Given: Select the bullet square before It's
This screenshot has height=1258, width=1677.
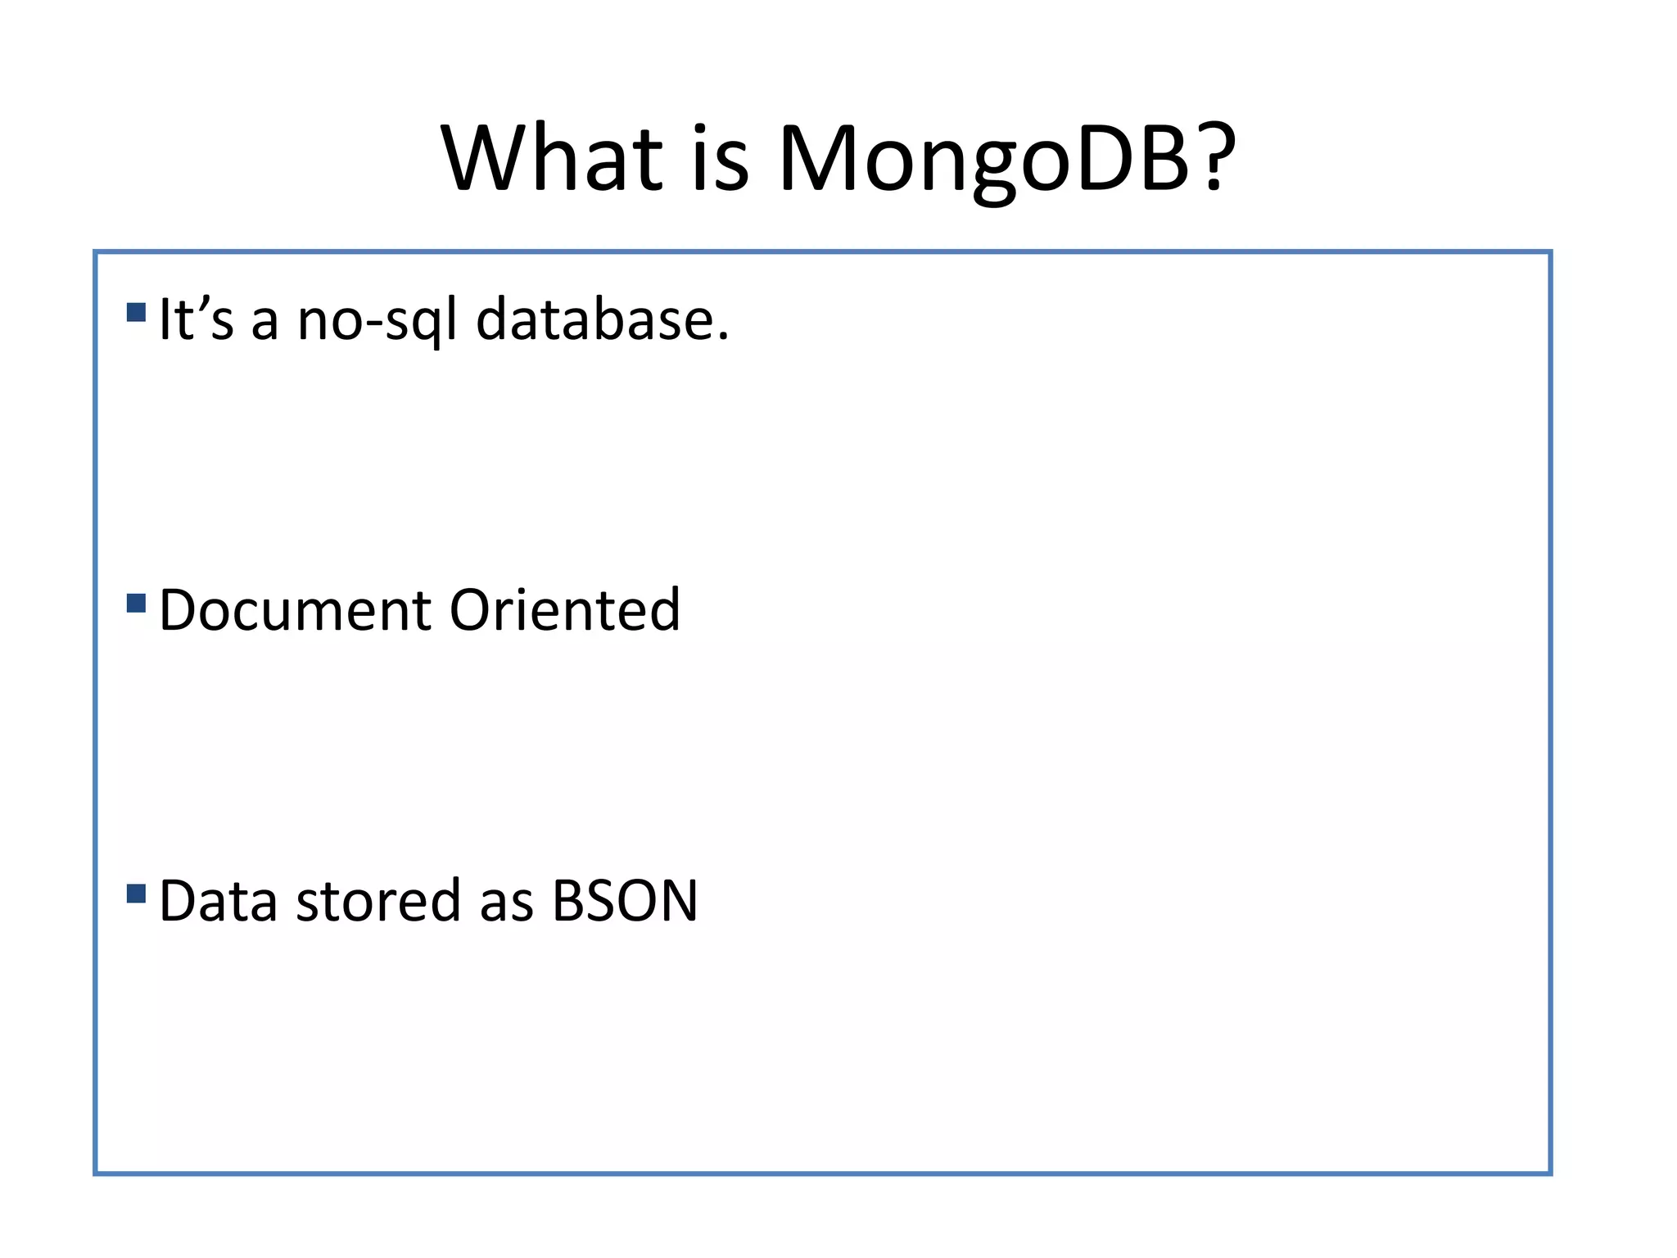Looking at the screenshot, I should coord(137,312).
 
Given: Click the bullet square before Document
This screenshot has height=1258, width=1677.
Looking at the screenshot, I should coord(137,604).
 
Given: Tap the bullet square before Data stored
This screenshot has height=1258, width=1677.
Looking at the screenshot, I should coord(137,893).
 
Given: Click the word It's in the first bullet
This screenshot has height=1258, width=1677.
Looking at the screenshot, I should coord(196,319).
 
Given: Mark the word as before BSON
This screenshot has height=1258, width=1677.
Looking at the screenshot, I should coord(506,906).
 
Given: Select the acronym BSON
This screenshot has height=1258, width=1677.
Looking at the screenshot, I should coord(625,901).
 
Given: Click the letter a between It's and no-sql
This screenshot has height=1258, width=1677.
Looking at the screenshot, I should coord(264,324).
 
